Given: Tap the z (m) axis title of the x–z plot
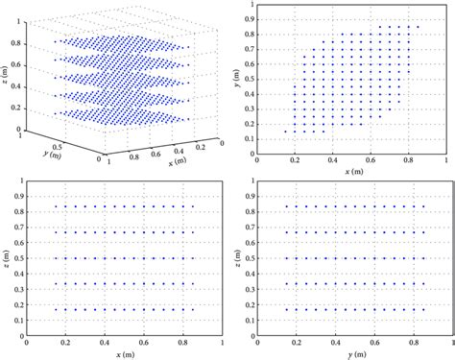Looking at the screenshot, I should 8,257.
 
